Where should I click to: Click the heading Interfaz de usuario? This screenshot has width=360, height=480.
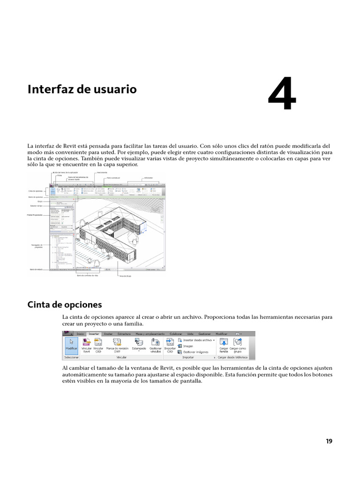tap(82, 89)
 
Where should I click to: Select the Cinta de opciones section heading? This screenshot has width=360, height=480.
tap(65, 305)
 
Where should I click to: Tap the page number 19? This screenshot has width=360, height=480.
tap(329, 441)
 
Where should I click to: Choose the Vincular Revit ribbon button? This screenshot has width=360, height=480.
tap(86, 346)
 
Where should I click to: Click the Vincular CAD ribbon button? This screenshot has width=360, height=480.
tap(98, 346)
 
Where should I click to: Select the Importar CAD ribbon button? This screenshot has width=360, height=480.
tap(170, 346)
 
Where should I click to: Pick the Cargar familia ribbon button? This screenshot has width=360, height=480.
tap(224, 346)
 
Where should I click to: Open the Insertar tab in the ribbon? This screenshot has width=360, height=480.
tap(94, 334)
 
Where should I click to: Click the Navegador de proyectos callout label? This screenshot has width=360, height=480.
tap(36, 246)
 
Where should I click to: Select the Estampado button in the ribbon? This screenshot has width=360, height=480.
tap(139, 346)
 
